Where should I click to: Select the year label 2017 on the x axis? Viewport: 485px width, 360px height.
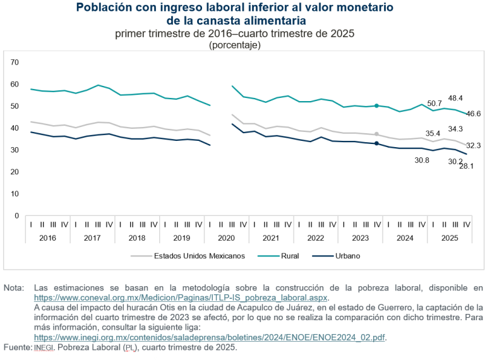[x=92, y=238]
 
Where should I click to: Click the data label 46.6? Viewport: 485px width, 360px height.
[x=474, y=114]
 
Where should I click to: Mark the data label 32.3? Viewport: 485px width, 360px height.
[x=474, y=146]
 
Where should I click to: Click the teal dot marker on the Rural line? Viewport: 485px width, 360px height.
[x=376, y=106]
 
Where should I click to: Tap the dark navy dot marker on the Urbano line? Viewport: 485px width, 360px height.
[x=376, y=143]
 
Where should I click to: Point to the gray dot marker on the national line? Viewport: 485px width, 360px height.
[x=376, y=134]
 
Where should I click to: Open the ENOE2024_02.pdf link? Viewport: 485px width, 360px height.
[x=210, y=337]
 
